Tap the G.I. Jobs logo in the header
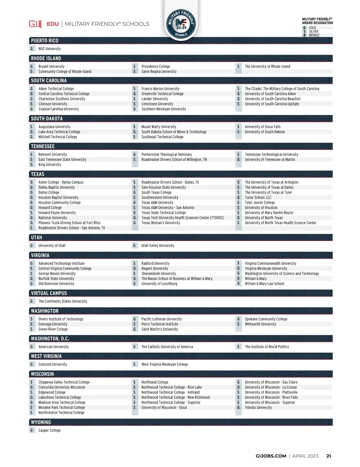[x=35, y=24]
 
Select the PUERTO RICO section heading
[x=45, y=40]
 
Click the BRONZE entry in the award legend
[x=314, y=35]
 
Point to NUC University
[x=49, y=49]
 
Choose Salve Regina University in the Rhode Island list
[x=159, y=72]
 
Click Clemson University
[x=53, y=104]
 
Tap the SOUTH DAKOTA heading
[x=47, y=119]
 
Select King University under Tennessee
[x=50, y=165]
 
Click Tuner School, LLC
[x=258, y=198]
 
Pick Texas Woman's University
[x=161, y=223]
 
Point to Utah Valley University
[x=158, y=245]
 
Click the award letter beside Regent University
[x=134, y=269]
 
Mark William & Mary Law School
[x=264, y=284]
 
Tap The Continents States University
[x=63, y=301]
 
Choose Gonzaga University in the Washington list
[x=53, y=324]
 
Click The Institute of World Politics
[x=267, y=347]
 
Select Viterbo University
[x=258, y=408]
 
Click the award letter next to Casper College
[x=31, y=430]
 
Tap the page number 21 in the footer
[x=328, y=456]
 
